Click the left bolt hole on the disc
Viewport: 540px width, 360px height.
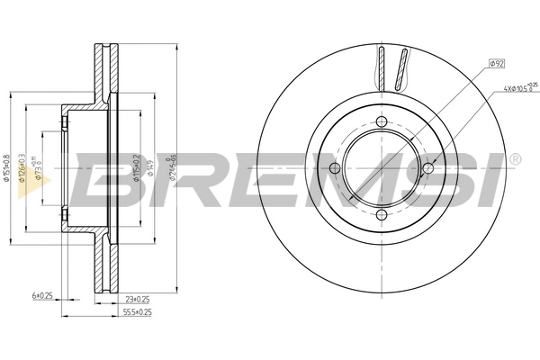[x=335, y=168]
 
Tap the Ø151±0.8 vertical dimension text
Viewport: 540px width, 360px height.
[x=8, y=167]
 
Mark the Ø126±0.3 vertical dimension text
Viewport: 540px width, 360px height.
[x=23, y=167]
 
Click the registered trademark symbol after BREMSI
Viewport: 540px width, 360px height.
[x=514, y=158]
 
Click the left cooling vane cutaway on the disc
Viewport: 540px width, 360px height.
[x=380, y=68]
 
